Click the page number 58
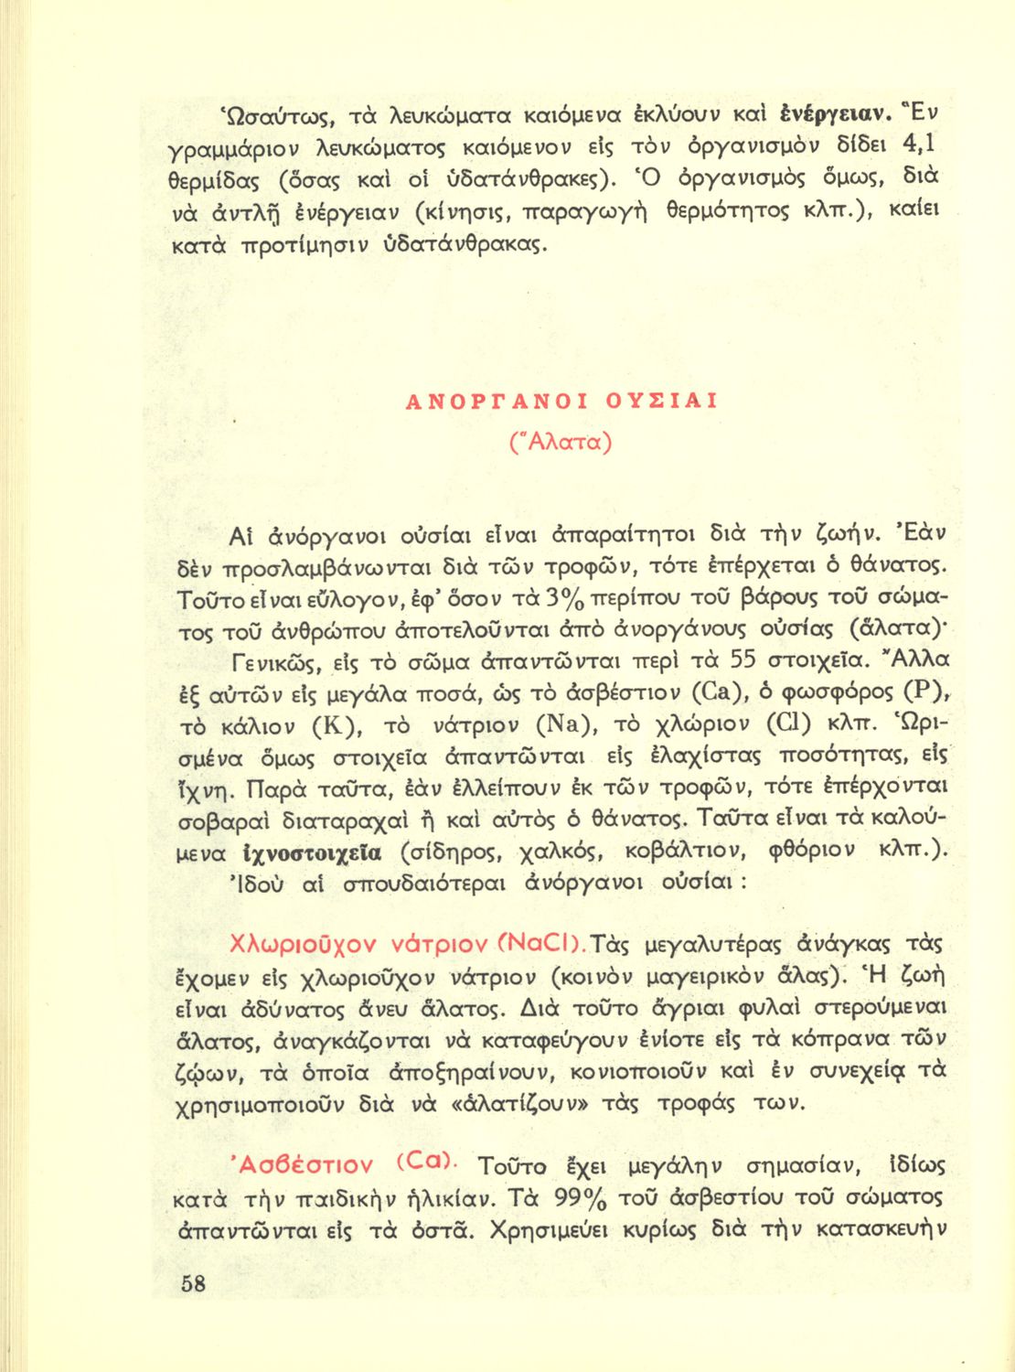click(193, 1282)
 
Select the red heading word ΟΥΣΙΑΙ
click(661, 401)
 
